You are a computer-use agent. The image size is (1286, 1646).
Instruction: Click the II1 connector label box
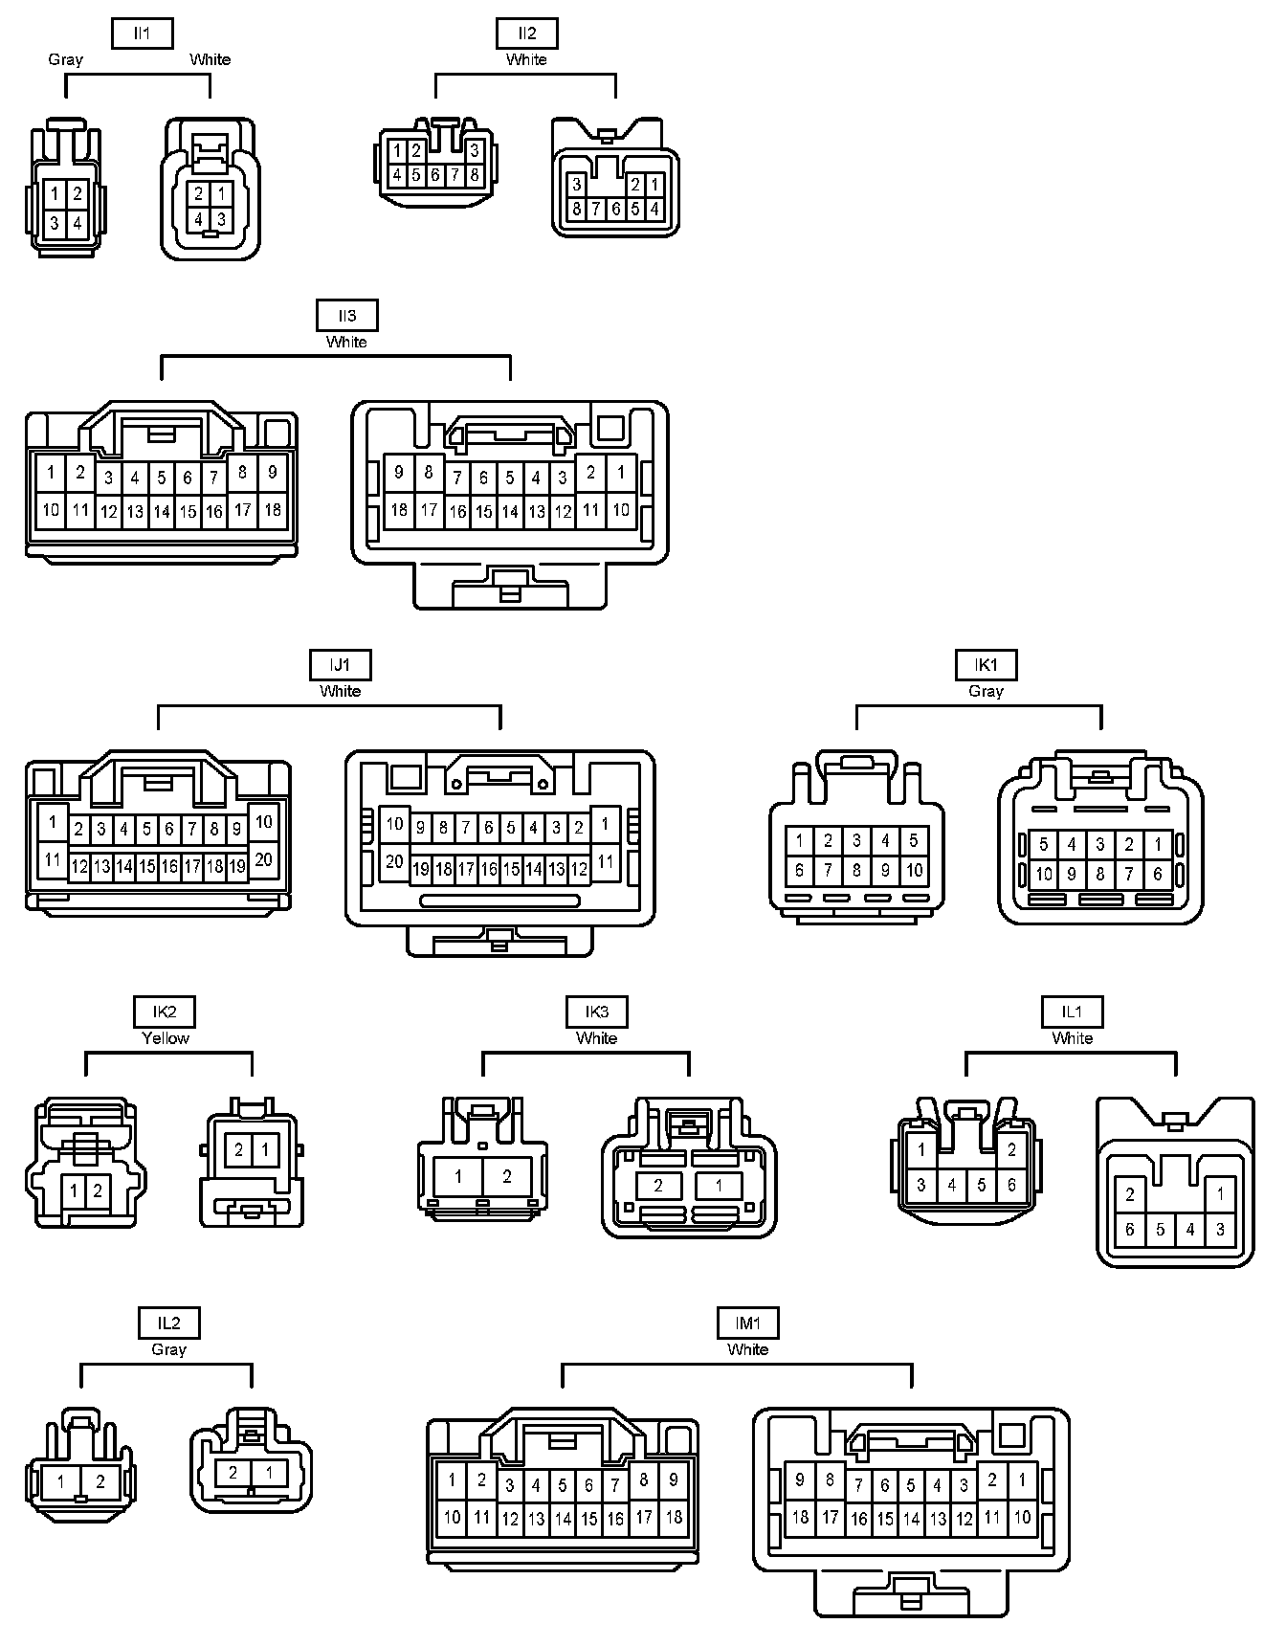pos(142,33)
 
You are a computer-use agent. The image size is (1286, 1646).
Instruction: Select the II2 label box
pos(526,33)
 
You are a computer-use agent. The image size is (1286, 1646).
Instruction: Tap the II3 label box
pos(346,316)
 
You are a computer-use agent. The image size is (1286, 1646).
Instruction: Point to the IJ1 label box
pos(341,665)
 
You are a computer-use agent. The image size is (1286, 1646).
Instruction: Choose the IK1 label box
pos(986,665)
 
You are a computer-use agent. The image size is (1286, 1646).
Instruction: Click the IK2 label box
pos(165,1012)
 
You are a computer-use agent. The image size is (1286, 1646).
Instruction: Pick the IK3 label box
pos(596,1012)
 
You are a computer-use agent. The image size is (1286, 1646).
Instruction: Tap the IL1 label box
pos(1072,1012)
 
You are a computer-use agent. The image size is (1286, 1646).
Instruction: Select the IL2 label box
pos(168,1323)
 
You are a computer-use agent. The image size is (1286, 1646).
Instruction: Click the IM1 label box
pos(747,1323)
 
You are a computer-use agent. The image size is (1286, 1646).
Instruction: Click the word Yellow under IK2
pos(165,1038)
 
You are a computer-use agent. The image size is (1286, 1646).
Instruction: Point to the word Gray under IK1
pos(986,691)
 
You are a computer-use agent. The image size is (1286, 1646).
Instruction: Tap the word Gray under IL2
pos(168,1349)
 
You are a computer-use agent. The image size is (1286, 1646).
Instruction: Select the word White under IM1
pos(747,1349)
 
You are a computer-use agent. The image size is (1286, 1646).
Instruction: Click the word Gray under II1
pos(65,59)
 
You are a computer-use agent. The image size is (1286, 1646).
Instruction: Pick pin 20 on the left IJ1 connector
pos(264,858)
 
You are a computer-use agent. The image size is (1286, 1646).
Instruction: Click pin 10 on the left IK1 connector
pos(914,870)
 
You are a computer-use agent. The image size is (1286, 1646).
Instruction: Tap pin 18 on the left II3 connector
pos(273,509)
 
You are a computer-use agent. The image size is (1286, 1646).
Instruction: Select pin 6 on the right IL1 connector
pos(1130,1230)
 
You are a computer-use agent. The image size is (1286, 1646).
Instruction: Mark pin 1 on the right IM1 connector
pos(1022,1479)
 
